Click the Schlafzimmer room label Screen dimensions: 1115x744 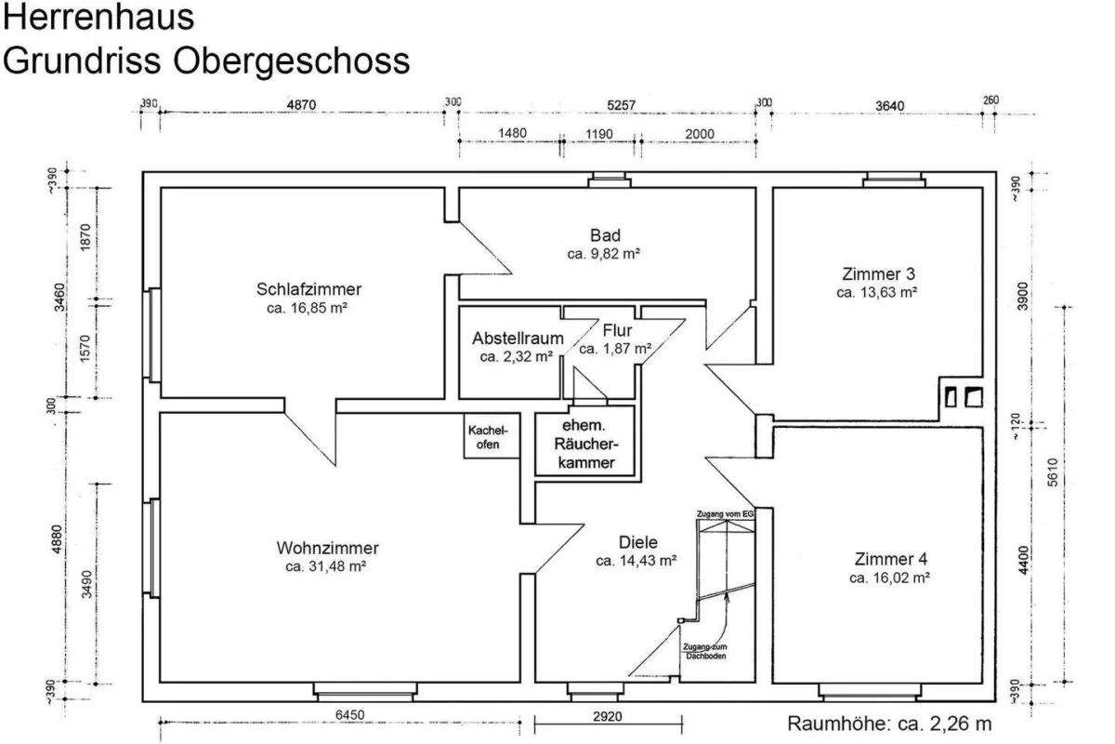point(308,289)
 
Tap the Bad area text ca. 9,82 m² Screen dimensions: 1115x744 point(604,254)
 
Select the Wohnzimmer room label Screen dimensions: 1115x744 point(327,548)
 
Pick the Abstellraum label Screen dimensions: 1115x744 point(518,339)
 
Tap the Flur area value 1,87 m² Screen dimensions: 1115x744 point(627,349)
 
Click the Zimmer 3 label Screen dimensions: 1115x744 point(879,274)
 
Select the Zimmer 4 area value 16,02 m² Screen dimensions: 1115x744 point(901,578)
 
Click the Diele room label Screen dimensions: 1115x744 point(638,542)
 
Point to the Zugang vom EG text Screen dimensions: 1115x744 point(726,513)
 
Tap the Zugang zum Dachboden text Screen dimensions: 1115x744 point(705,651)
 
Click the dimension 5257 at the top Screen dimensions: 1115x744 point(622,106)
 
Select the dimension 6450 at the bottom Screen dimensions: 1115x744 point(350,715)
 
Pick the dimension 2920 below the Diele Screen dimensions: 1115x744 point(608,717)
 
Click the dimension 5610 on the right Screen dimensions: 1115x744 point(1052,472)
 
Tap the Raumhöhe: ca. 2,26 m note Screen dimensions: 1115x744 point(889,724)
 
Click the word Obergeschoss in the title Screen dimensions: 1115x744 point(291,60)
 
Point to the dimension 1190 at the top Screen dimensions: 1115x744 point(599,134)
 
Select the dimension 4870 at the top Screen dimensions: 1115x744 point(301,105)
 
